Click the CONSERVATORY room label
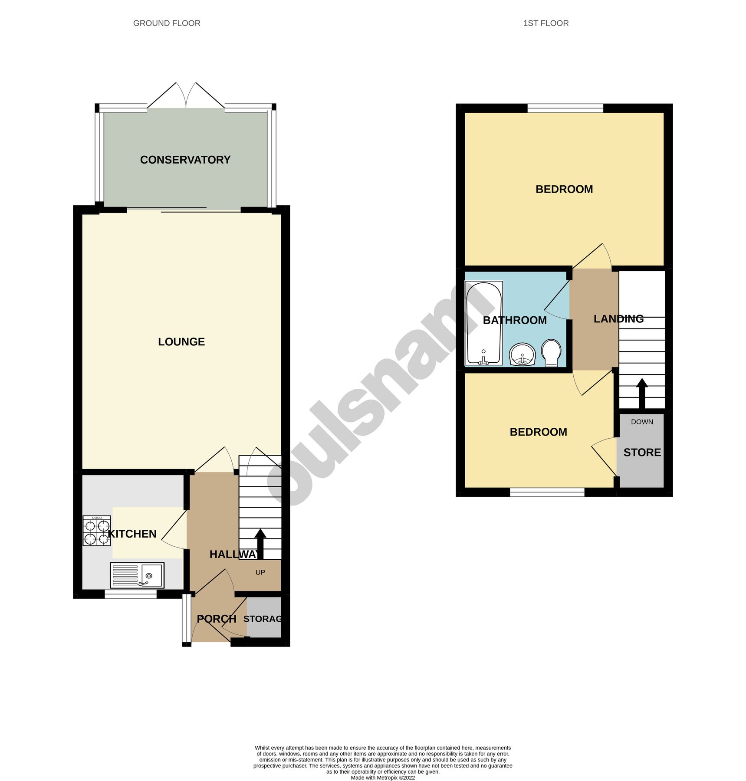(x=185, y=160)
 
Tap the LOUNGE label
(x=181, y=342)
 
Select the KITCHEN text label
(x=132, y=534)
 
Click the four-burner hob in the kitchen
(x=97, y=531)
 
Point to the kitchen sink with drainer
(x=137, y=575)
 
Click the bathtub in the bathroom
(x=483, y=323)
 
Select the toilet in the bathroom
(x=551, y=352)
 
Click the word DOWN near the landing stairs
(x=642, y=422)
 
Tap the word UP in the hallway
(x=260, y=572)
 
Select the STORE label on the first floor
(x=642, y=453)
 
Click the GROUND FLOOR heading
(x=167, y=23)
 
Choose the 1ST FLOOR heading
(x=546, y=23)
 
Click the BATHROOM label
(x=515, y=320)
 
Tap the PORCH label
(x=217, y=619)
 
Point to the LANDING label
(x=618, y=319)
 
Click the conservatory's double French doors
(x=186, y=96)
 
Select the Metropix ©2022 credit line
(x=382, y=778)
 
